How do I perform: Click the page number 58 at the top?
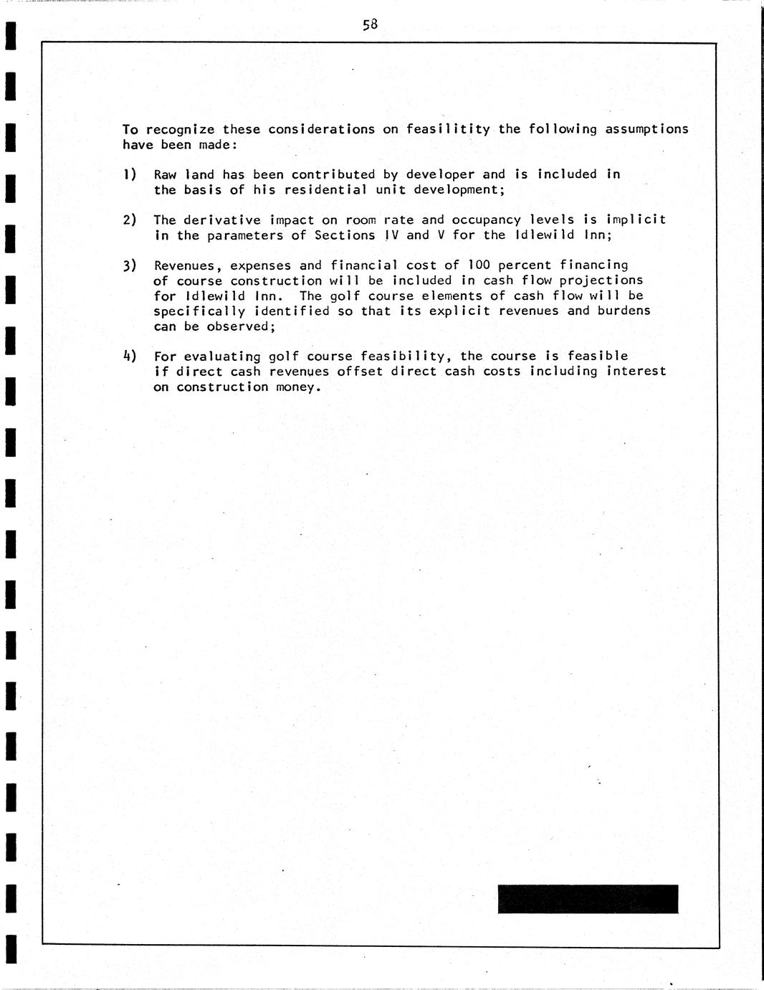click(370, 25)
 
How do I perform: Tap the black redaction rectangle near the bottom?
click(588, 899)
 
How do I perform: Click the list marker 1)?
click(129, 174)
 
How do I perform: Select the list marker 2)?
click(129, 220)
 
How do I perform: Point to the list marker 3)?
click(129, 265)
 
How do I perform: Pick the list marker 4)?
click(129, 356)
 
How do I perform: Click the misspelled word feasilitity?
click(448, 129)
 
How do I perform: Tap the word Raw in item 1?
click(166, 174)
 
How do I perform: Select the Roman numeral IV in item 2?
click(391, 235)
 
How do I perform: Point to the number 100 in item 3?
click(479, 265)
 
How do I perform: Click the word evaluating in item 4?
click(222, 357)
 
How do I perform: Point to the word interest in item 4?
click(636, 371)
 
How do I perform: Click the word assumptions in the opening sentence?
click(646, 130)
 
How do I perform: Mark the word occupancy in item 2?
click(486, 220)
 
